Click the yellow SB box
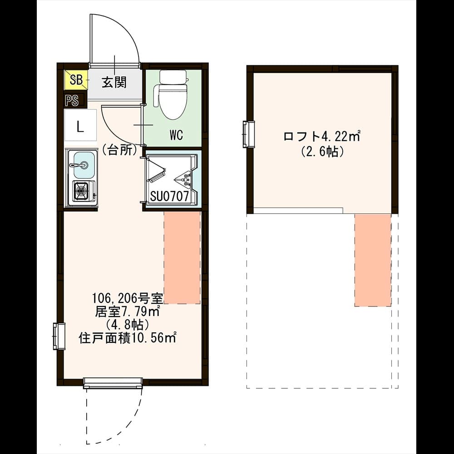tap(76, 79)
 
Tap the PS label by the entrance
tap(72, 101)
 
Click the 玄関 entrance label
tap(114, 82)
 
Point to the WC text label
tap(176, 135)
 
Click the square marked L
tap(80, 125)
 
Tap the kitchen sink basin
tap(84, 165)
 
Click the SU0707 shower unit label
tap(169, 196)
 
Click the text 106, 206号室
tap(128, 297)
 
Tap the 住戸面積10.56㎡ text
tap(128, 338)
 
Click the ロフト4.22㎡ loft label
tap(322, 136)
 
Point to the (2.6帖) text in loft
tap(322, 151)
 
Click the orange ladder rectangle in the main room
tap(182, 257)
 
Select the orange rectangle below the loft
tap(373, 260)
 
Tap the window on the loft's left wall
tap(248, 134)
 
